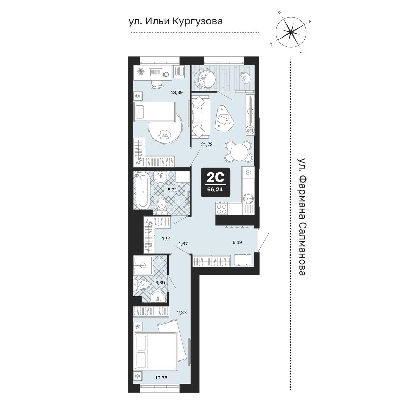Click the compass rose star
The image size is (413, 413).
tap(290, 32)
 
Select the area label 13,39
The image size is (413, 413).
tap(177, 92)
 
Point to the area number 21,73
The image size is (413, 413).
tap(207, 145)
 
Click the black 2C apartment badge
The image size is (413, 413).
tap(215, 182)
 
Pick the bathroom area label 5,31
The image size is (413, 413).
tap(172, 190)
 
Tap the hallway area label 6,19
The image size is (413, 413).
tap(237, 242)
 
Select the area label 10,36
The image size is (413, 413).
tap(161, 383)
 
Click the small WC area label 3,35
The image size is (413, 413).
tap(160, 283)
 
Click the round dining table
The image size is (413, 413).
tap(238, 151)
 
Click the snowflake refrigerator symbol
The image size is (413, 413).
tap(248, 172)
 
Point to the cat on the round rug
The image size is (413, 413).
tap(165, 135)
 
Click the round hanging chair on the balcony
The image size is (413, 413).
tap(204, 79)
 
